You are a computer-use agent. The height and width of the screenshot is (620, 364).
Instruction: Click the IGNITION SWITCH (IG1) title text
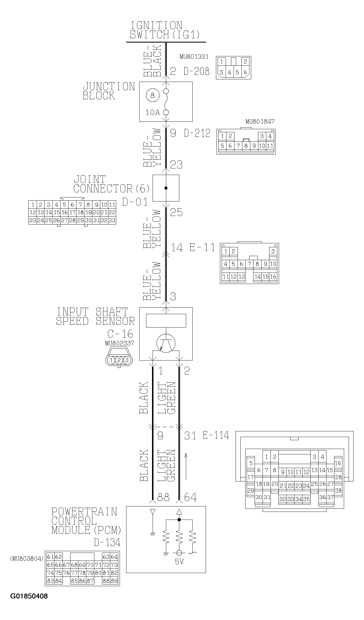click(x=165, y=30)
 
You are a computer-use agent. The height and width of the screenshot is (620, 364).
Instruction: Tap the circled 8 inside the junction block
click(x=153, y=95)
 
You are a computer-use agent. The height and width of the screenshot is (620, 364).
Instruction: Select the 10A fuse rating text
click(x=153, y=113)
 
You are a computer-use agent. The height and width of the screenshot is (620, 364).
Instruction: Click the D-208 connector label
click(x=196, y=71)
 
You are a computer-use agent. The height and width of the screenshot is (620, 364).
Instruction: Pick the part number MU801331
click(x=194, y=57)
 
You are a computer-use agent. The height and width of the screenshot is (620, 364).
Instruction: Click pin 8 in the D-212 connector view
click(x=246, y=146)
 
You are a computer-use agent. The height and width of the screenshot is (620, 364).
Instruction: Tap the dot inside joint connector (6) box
click(x=166, y=188)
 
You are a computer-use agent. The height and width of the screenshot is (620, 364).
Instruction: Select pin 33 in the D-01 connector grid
click(x=112, y=220)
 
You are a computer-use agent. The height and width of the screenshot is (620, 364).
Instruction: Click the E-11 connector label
click(x=202, y=248)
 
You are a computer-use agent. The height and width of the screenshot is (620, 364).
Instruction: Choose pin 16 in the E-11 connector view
click(x=273, y=277)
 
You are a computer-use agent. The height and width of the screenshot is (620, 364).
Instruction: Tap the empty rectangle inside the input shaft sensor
click(x=166, y=321)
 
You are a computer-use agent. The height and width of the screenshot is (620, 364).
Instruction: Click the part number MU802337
click(x=119, y=343)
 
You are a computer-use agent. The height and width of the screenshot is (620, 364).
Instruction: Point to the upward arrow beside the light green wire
click(x=186, y=467)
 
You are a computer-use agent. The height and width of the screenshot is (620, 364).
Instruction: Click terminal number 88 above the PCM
click(x=163, y=497)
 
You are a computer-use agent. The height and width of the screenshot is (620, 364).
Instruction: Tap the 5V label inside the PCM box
click(x=179, y=562)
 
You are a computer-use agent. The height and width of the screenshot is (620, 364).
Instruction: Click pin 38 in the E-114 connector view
click(x=338, y=490)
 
